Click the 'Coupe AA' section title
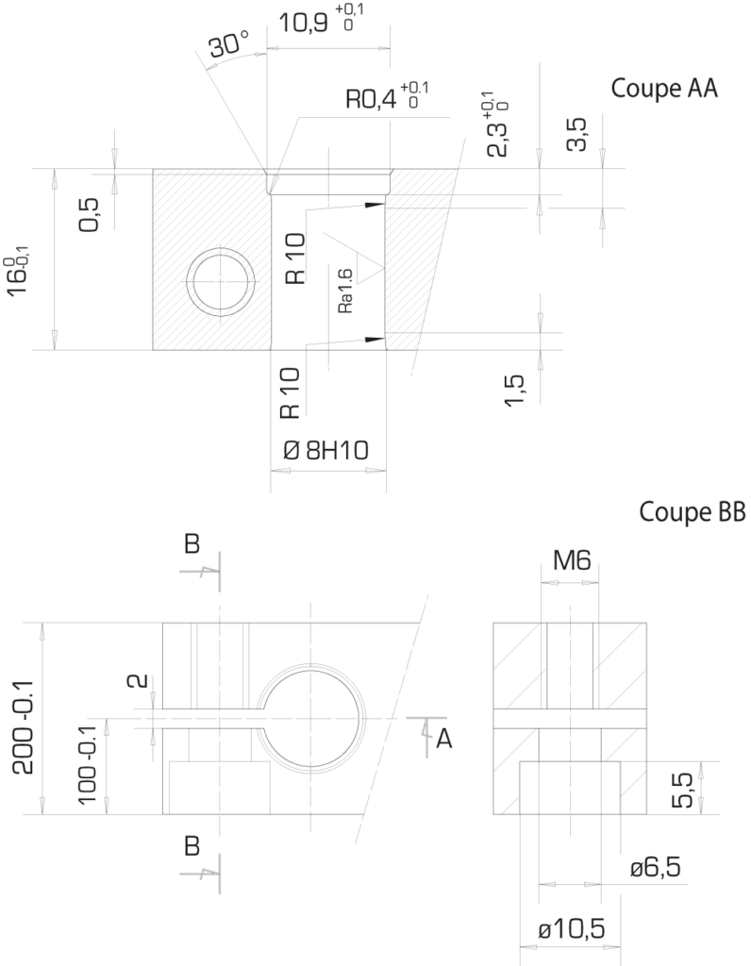pyautogui.click(x=664, y=88)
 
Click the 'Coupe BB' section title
pyautogui.click(x=693, y=511)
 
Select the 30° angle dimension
pyautogui.click(x=228, y=44)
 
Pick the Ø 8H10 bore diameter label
pyautogui.click(x=325, y=451)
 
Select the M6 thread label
pyautogui.click(x=572, y=560)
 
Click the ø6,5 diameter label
pyautogui.click(x=656, y=868)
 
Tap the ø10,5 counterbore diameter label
pyautogui.click(x=572, y=928)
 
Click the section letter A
pyautogui.click(x=444, y=738)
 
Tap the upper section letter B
pyautogui.click(x=192, y=544)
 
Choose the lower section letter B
pyautogui.click(x=192, y=846)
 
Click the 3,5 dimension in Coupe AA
pyautogui.click(x=576, y=135)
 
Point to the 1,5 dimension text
pyautogui.click(x=514, y=391)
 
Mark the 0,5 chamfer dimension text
pyautogui.click(x=89, y=215)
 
